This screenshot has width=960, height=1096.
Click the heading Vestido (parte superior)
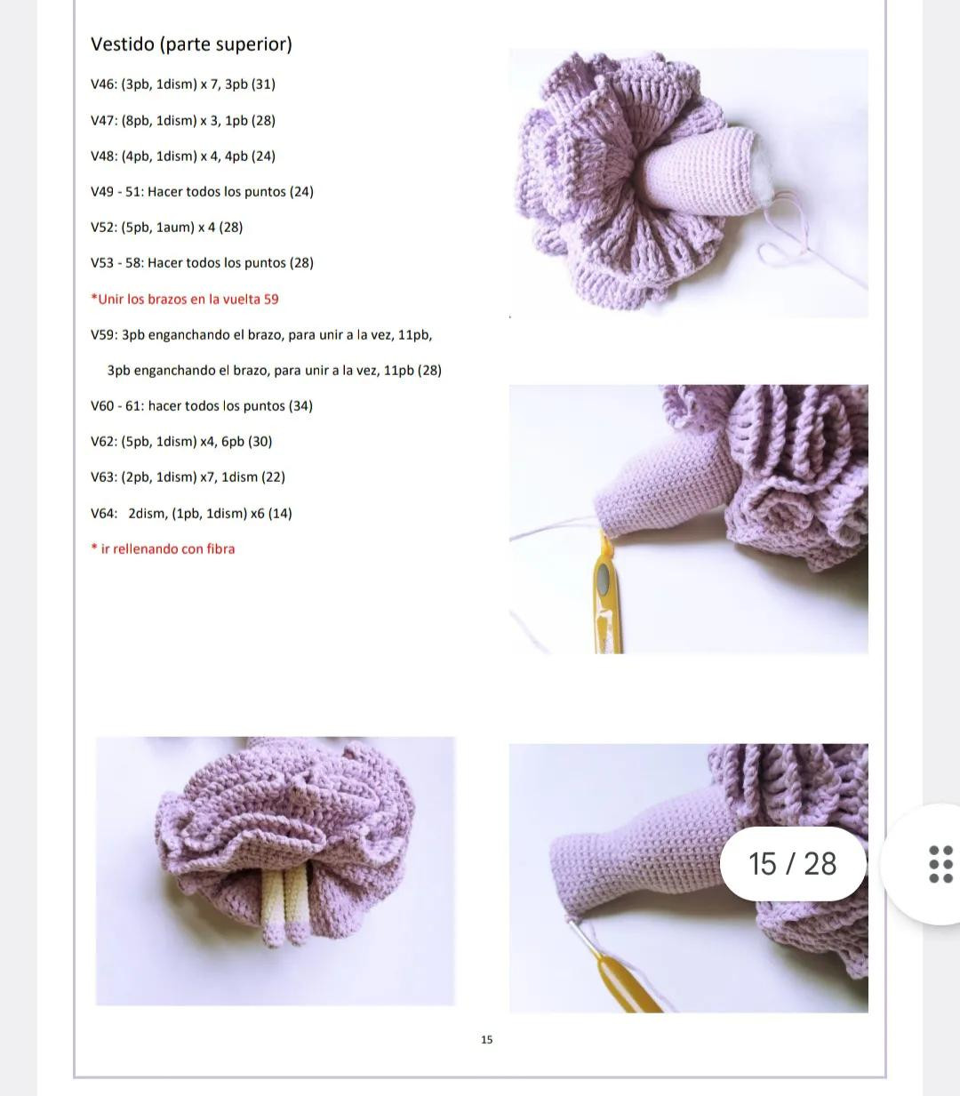(191, 44)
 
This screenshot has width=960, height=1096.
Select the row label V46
(103, 84)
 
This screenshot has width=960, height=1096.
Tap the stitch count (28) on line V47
(263, 120)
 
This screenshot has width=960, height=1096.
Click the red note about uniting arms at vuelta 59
(185, 299)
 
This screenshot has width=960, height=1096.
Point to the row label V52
(103, 228)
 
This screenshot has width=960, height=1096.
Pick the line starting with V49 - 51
(202, 192)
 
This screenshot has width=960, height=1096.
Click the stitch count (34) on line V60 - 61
(300, 406)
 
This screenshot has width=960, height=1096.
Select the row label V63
(103, 477)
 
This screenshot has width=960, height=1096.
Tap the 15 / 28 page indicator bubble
(792, 864)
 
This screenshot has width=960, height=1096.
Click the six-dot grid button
(940, 864)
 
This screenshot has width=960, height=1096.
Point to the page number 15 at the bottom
(486, 1039)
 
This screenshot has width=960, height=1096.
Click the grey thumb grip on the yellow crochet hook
(604, 581)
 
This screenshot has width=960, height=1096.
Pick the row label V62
(103, 442)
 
